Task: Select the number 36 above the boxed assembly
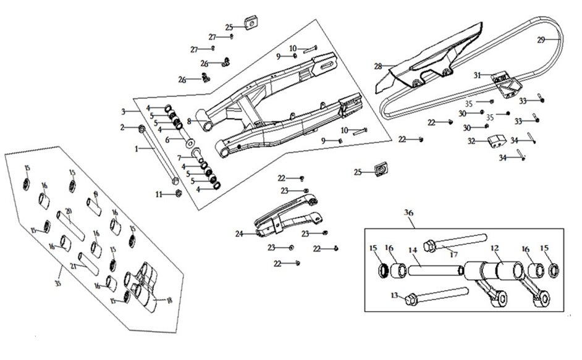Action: [408, 212]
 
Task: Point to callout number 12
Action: [495, 248]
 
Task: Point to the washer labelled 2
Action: [141, 128]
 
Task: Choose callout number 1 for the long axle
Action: [137, 149]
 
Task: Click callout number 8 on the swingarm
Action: [189, 121]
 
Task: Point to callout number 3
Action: [123, 112]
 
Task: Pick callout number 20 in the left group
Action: [69, 212]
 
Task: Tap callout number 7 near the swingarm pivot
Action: [179, 158]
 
